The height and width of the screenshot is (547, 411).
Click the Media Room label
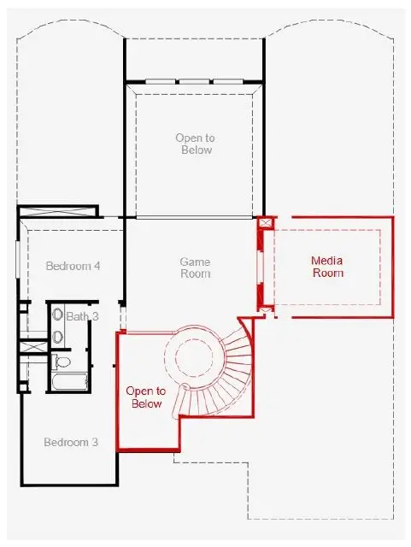pyautogui.click(x=326, y=267)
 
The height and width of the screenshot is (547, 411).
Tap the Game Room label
pyautogui.click(x=195, y=267)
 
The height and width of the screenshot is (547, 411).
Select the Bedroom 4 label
pyautogui.click(x=73, y=266)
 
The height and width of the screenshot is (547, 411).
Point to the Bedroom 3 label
pyautogui.click(x=71, y=442)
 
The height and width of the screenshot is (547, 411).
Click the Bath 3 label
pyautogui.click(x=82, y=316)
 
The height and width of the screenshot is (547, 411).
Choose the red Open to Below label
pyautogui.click(x=144, y=397)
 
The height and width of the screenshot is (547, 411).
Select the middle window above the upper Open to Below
pyautogui.click(x=194, y=82)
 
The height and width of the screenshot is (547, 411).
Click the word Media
pyautogui.click(x=326, y=261)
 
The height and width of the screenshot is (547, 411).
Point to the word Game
pyautogui.click(x=195, y=261)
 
